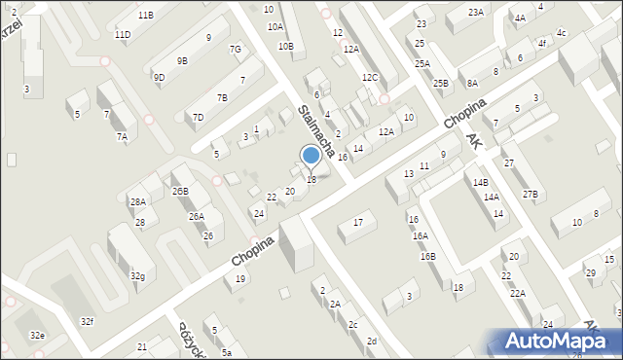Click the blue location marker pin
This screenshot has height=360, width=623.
(x=311, y=156)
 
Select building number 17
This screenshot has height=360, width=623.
(x=358, y=223)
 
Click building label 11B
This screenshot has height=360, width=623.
(x=145, y=16)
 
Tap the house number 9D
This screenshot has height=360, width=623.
(x=159, y=77)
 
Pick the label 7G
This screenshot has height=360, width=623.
(x=235, y=50)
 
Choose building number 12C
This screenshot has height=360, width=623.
(x=369, y=77)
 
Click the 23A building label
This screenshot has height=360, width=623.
(x=475, y=12)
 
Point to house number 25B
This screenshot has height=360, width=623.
(x=441, y=84)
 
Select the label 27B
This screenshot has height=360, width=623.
(x=530, y=195)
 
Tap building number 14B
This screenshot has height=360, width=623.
(x=480, y=183)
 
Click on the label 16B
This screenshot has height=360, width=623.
(x=428, y=257)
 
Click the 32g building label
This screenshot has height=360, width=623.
(x=138, y=276)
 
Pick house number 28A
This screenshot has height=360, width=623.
(x=137, y=202)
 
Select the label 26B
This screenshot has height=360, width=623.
(x=180, y=192)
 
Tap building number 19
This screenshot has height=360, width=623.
(x=240, y=280)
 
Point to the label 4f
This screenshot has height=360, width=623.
(x=541, y=44)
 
